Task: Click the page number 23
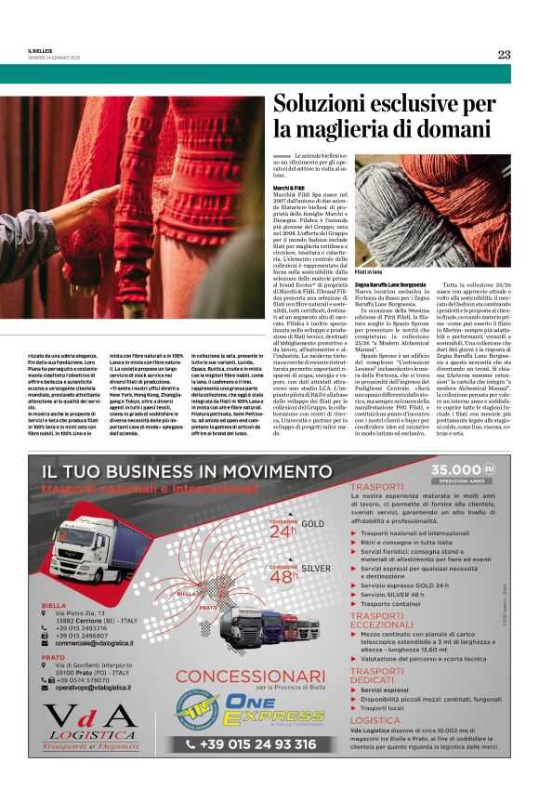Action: click(x=504, y=55)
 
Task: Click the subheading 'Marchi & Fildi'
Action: click(x=289, y=188)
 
